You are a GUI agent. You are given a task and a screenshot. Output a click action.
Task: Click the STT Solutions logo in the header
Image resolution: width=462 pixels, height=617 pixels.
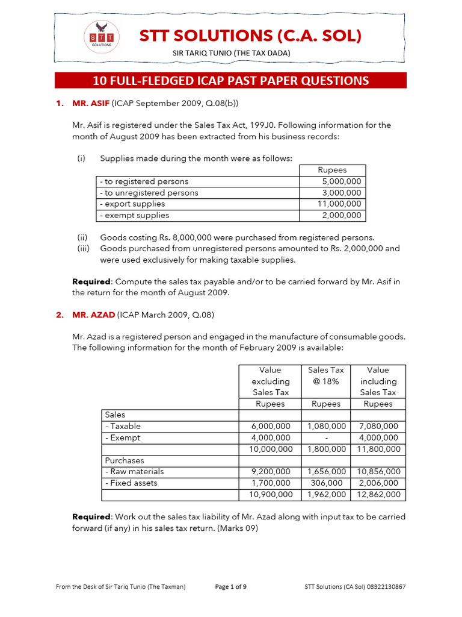click(x=101, y=37)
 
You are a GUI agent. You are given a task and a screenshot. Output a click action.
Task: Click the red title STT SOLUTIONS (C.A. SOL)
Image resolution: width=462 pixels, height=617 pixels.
click(x=250, y=36)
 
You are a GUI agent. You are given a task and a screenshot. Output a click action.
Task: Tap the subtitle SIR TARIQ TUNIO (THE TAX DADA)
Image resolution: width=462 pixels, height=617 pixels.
click(x=232, y=54)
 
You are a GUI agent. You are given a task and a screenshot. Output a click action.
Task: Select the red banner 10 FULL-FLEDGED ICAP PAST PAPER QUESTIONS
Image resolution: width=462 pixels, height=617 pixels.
click(x=230, y=81)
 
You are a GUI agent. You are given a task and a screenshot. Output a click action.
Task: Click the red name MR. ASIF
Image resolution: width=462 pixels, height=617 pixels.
click(x=90, y=103)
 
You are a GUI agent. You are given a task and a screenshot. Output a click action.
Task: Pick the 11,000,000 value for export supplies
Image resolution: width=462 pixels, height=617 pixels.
click(x=340, y=204)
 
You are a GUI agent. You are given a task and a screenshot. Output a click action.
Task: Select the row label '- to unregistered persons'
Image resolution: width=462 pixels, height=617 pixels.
click(x=149, y=193)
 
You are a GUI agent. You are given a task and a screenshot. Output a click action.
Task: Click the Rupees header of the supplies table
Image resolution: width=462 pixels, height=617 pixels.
click(x=333, y=170)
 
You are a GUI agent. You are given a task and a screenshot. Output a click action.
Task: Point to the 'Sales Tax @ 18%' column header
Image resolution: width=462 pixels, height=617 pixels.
click(x=326, y=375)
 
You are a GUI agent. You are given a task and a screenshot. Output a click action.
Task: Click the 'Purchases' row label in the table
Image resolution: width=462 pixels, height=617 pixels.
click(x=125, y=460)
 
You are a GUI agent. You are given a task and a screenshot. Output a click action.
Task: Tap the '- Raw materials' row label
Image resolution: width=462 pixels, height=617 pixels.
click(x=134, y=471)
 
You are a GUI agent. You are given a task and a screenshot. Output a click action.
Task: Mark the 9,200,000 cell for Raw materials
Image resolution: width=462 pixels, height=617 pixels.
click(x=271, y=471)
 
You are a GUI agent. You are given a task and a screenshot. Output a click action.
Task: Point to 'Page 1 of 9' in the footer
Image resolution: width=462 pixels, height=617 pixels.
click(x=231, y=586)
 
